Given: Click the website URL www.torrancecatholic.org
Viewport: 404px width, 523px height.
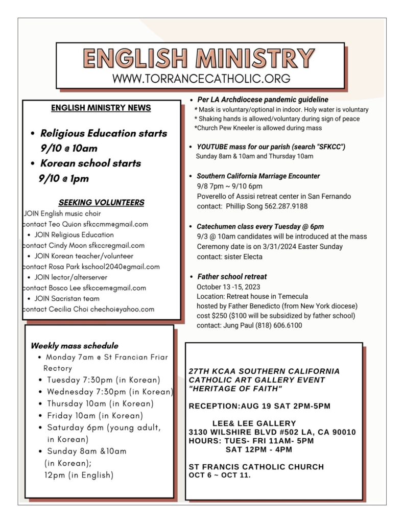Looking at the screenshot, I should [x=201, y=79].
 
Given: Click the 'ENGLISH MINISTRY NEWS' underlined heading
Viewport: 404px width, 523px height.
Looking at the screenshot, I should [x=101, y=108].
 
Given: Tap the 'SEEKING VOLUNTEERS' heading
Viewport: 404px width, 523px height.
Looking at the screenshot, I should [x=101, y=202].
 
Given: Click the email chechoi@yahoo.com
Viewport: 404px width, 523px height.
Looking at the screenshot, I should [x=123, y=309].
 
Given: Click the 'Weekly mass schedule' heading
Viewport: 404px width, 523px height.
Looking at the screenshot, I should [x=75, y=346].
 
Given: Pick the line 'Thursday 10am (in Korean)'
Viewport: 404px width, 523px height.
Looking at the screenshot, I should [x=100, y=404].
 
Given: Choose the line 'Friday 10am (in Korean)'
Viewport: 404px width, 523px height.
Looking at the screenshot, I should [x=95, y=416].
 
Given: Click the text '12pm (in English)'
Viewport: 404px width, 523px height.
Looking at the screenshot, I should [x=79, y=475].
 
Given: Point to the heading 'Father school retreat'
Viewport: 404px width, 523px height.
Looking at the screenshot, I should [x=232, y=277].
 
